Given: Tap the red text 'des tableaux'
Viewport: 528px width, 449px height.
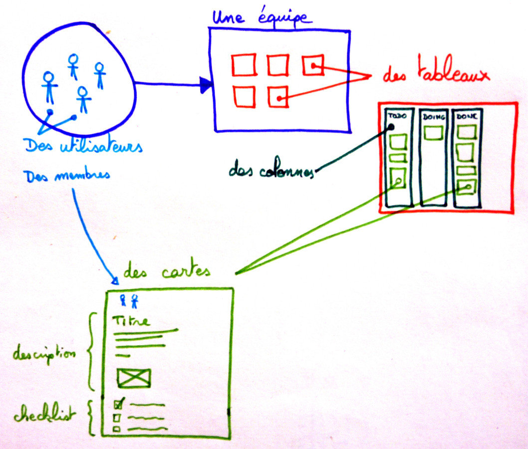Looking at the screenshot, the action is [435, 75].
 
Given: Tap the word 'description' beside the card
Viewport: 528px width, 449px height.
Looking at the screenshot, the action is [44, 355].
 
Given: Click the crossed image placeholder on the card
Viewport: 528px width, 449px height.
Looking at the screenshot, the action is [134, 378].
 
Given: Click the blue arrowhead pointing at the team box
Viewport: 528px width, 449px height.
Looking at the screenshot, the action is [206, 85].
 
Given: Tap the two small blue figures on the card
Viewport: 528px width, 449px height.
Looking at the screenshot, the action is [128, 300].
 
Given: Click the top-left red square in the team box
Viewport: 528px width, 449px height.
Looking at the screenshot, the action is [244, 65].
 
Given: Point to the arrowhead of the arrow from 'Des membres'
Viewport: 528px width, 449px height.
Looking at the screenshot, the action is [114, 281].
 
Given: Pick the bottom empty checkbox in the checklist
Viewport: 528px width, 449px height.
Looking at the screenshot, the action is [116, 429].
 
